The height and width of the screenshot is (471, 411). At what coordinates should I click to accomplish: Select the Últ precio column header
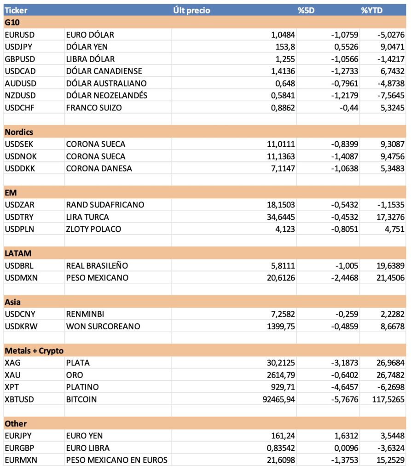(192, 10)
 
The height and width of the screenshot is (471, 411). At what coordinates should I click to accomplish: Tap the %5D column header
(306, 10)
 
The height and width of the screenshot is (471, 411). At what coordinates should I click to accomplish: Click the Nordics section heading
(19, 132)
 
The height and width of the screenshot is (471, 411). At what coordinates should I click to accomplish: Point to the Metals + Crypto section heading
(34, 351)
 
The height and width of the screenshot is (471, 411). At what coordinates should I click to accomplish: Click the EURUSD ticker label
(20, 34)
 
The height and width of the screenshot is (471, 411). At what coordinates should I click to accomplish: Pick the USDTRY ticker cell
(19, 217)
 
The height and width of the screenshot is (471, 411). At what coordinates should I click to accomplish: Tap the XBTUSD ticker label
(20, 399)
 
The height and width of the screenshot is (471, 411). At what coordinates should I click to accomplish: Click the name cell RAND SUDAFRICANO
(105, 205)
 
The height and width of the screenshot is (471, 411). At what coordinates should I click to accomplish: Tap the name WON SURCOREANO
(103, 326)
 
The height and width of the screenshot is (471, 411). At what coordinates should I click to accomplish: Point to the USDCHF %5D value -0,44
(348, 107)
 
